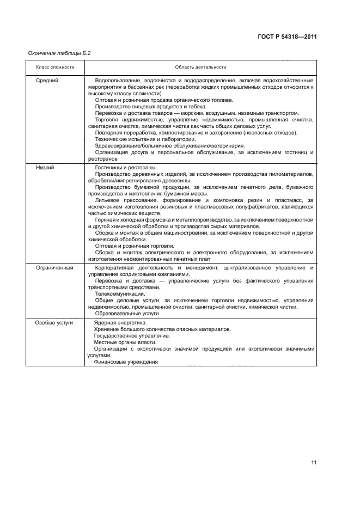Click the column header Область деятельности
click(x=200, y=68)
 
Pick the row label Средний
click(x=47, y=81)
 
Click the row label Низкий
click(x=45, y=167)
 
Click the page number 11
click(x=313, y=462)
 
